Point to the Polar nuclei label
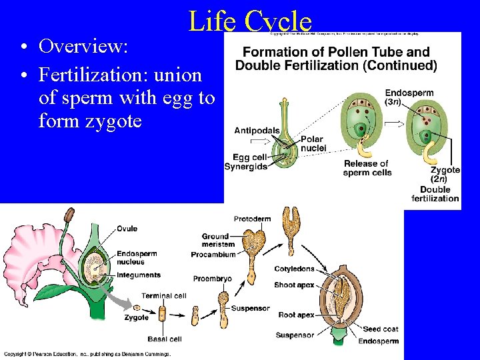pos(313,143)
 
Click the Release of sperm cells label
pos(366,168)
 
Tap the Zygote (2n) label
pos(445,174)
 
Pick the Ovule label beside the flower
pos(127,229)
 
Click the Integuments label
pos(138,275)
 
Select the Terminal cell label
pos(164,295)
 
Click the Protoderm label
pos(252,219)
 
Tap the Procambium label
pos(213,254)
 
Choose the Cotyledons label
pos(294,269)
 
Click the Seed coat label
pos(381,329)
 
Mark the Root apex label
pos(296,315)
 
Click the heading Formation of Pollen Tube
pos(336,52)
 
